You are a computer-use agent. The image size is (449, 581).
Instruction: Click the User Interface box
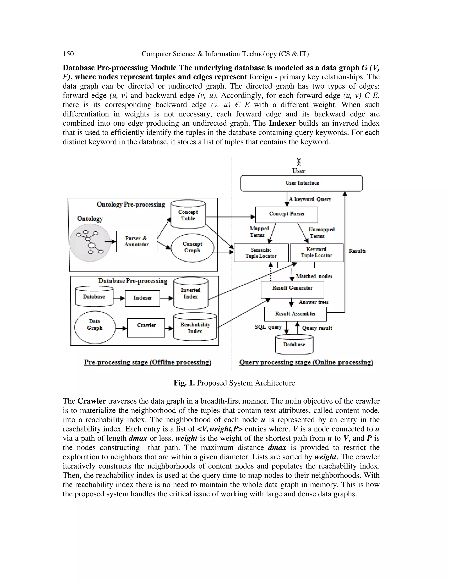tap(301, 183)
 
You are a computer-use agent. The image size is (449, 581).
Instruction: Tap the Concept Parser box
tap(287, 215)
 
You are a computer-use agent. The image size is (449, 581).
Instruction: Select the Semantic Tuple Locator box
tap(261, 253)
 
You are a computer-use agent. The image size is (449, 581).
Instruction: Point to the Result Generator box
tap(292, 289)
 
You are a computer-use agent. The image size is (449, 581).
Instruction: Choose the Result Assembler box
tap(295, 314)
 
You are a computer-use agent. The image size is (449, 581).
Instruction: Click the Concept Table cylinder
tap(188, 215)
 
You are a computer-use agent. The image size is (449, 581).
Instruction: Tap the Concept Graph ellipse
tap(192, 247)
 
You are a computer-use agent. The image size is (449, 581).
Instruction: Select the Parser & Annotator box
tap(136, 241)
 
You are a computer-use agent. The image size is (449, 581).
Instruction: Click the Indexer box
tap(142, 298)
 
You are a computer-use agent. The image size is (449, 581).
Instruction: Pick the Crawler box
tap(146, 328)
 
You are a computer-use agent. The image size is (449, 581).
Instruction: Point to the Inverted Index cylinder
tap(191, 293)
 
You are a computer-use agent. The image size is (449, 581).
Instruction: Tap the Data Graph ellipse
tap(95, 327)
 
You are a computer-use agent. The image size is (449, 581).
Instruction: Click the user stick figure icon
tap(299, 162)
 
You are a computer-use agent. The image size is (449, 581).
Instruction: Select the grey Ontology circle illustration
tap(90, 242)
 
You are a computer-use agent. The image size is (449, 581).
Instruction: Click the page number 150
tap(68, 54)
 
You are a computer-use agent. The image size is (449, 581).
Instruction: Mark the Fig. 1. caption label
tap(184, 383)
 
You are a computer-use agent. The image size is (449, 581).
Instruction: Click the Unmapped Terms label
tap(321, 233)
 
